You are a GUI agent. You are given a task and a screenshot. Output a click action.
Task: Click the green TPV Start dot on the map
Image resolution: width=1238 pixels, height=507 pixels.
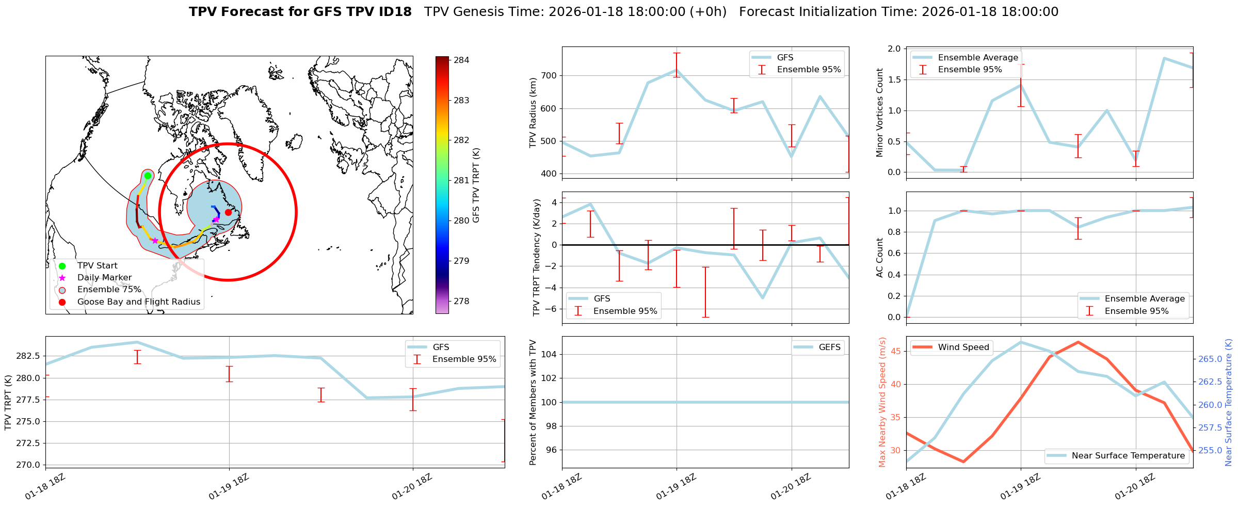point(148,176)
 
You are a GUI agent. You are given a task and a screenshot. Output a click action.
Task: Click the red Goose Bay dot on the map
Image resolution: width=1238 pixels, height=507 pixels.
point(228,212)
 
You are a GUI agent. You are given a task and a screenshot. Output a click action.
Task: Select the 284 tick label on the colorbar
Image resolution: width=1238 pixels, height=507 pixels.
point(461,60)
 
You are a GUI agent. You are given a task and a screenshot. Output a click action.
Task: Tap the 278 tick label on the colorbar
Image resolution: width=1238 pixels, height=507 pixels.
point(461,301)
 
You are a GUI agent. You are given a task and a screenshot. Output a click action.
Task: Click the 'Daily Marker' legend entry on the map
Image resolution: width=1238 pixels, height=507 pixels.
point(104,278)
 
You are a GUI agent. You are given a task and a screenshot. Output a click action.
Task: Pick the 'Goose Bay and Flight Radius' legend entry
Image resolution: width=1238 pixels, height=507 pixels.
point(138,302)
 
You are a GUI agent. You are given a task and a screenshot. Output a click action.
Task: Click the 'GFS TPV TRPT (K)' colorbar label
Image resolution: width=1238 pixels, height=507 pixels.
point(476,185)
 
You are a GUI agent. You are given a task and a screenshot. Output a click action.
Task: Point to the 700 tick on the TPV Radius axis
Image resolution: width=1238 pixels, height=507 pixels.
point(549,75)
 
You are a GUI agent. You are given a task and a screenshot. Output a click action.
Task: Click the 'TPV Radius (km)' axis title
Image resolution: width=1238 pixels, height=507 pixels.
point(533,113)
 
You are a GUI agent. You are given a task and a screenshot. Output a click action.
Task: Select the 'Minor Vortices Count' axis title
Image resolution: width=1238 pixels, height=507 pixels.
point(879,113)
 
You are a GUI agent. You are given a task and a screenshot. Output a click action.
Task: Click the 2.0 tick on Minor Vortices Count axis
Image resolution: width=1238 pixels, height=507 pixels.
point(894,49)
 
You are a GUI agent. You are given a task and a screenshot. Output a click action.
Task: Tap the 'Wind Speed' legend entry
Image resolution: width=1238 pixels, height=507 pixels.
point(963,347)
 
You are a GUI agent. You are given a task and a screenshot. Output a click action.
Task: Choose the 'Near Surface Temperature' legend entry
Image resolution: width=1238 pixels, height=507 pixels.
point(1128,456)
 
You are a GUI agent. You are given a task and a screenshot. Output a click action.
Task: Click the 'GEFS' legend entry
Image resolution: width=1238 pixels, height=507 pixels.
point(829,347)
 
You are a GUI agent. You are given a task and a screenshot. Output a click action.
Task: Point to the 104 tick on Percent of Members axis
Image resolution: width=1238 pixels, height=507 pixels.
point(549,354)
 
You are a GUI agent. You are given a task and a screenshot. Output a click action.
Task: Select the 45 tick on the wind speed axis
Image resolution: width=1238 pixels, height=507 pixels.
point(895,352)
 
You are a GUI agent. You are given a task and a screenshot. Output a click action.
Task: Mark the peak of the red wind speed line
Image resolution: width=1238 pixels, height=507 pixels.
point(1078,342)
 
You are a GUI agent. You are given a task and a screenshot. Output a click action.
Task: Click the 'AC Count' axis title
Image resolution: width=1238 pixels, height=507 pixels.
point(879,258)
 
